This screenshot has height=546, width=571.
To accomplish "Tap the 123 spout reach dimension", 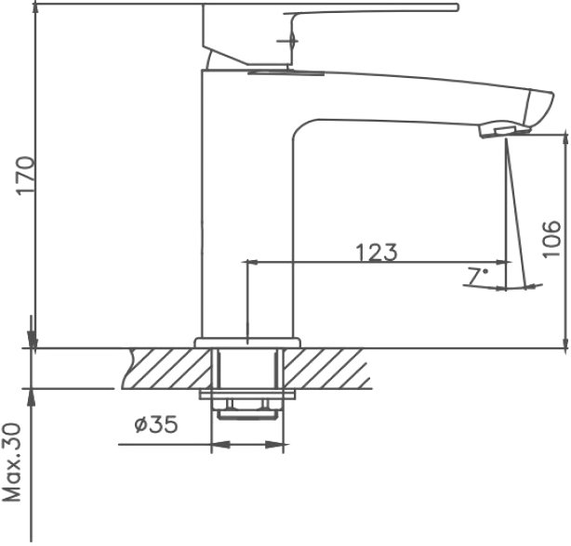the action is click(x=377, y=253).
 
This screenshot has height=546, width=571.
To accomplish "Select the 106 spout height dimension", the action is click(x=551, y=239).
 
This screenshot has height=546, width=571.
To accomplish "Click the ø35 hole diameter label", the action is click(x=156, y=423).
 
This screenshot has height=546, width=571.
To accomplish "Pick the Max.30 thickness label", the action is click(x=12, y=462).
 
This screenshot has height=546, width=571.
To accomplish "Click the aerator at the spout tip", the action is click(x=504, y=129).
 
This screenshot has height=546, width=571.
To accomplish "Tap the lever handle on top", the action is click(x=329, y=34).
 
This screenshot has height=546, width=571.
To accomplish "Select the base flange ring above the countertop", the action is click(x=247, y=343).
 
